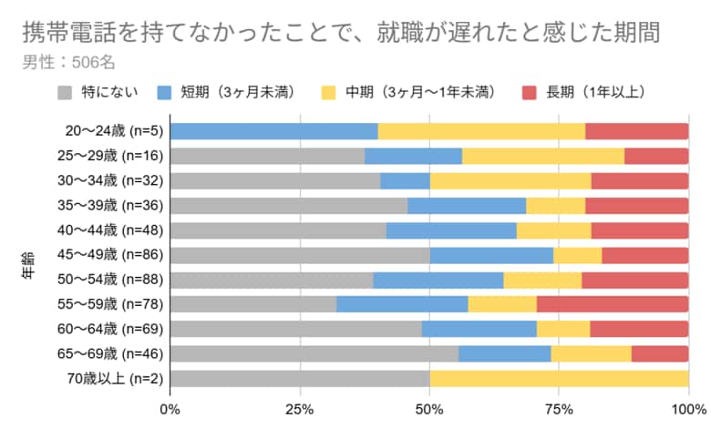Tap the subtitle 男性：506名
point(68,62)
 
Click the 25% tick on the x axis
point(299,409)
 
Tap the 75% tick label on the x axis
point(559,409)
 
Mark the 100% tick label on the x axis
point(687,409)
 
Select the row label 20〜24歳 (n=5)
point(108,130)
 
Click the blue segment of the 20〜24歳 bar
point(273,130)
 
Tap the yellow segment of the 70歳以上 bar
point(559,378)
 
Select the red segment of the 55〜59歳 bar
point(612,303)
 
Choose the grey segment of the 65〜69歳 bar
point(314,353)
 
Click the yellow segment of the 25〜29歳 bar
point(542,155)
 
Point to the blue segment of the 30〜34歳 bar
point(405,180)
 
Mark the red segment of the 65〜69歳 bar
point(659,353)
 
